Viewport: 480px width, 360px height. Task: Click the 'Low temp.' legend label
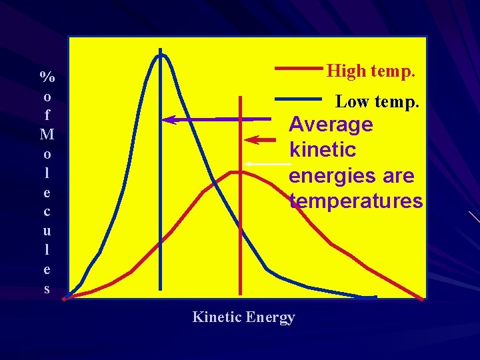pyautogui.click(x=377, y=102)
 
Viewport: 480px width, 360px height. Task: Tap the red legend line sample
pyautogui.click(x=298, y=67)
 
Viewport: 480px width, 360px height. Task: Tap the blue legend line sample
pyautogui.click(x=298, y=99)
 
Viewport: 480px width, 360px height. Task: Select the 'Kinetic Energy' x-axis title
pyautogui.click(x=243, y=317)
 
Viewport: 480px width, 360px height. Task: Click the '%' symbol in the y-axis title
pyautogui.click(x=47, y=76)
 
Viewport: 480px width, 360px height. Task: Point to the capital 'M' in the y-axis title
pyautogui.click(x=47, y=135)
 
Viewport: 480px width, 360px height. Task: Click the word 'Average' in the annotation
pyautogui.click(x=331, y=125)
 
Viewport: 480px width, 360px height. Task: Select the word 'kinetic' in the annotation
pyautogui.click(x=322, y=150)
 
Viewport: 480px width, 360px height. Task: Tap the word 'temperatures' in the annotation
pyautogui.click(x=356, y=201)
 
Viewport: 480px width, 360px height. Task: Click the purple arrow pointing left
pyautogui.click(x=200, y=119)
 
